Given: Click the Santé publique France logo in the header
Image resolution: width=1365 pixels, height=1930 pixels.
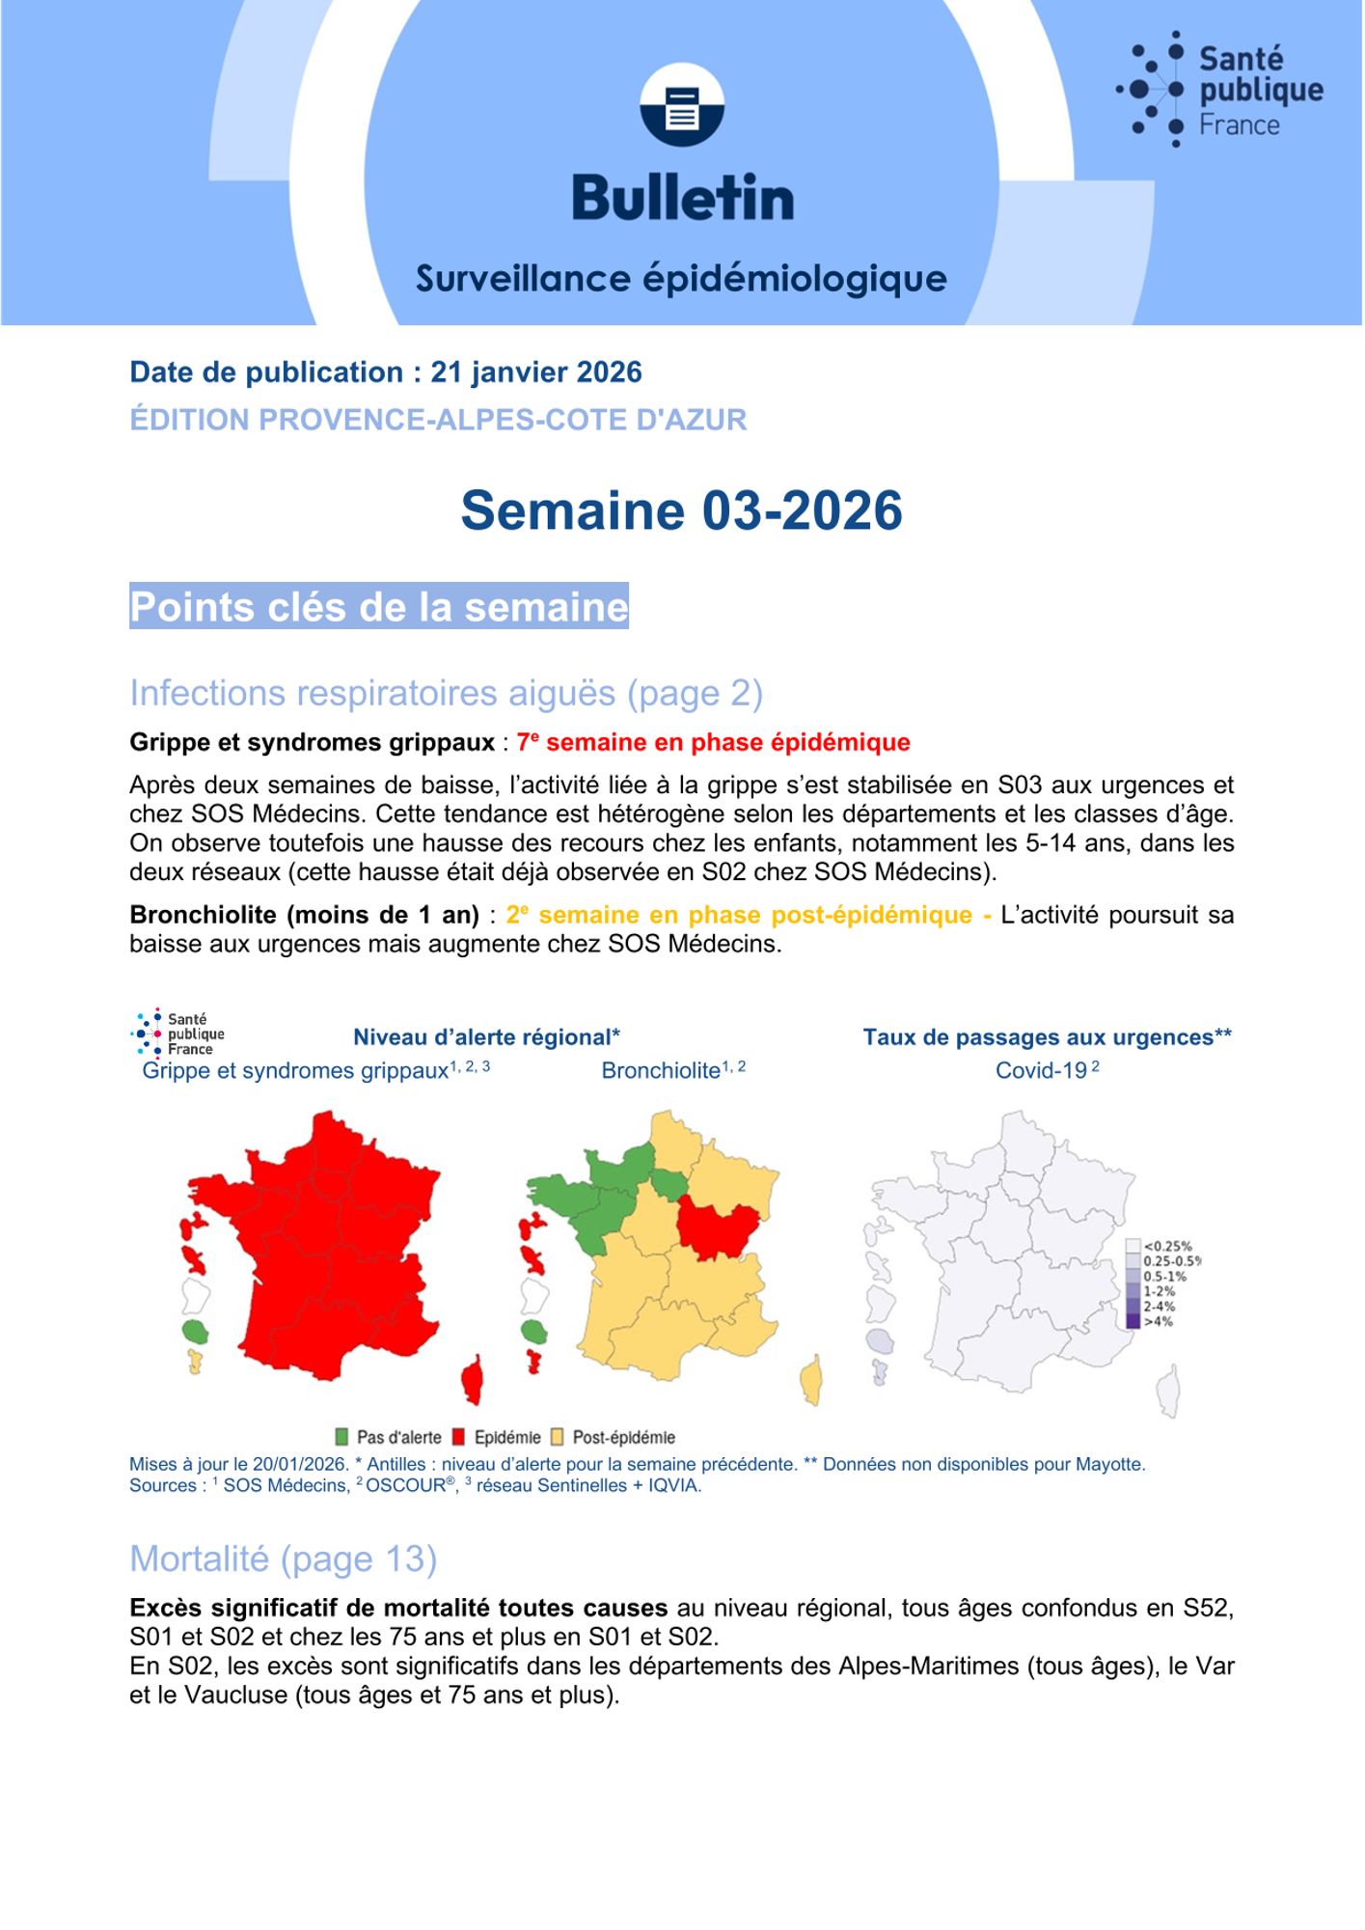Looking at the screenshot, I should click(1220, 90).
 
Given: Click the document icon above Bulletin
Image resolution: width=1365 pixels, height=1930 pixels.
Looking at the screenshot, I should click(682, 106).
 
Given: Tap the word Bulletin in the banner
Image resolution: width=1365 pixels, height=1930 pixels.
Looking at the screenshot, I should click(682, 198).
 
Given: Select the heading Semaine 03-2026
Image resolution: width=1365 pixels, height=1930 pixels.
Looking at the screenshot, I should click(681, 510).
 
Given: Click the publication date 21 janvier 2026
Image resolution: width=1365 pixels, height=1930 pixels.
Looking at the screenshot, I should click(535, 372).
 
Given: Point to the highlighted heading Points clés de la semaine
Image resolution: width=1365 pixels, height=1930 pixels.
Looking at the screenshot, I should click(379, 607).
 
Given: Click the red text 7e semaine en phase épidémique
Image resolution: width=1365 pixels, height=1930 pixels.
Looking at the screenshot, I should click(714, 742).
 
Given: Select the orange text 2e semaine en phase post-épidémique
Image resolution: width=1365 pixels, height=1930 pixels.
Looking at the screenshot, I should click(739, 915).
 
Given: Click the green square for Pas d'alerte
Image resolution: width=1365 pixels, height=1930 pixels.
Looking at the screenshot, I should click(341, 1437).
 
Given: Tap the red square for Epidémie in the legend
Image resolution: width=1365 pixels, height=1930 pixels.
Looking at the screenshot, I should click(459, 1437).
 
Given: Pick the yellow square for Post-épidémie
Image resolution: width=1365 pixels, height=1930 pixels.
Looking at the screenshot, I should click(558, 1437).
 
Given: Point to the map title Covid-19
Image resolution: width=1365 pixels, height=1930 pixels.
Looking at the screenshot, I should click(1047, 1070).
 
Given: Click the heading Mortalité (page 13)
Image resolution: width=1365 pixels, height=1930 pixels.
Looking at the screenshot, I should click(284, 1558).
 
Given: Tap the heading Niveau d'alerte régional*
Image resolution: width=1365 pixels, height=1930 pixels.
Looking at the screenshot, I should click(486, 1037).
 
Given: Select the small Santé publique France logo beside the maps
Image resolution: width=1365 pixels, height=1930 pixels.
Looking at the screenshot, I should click(178, 1034).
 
